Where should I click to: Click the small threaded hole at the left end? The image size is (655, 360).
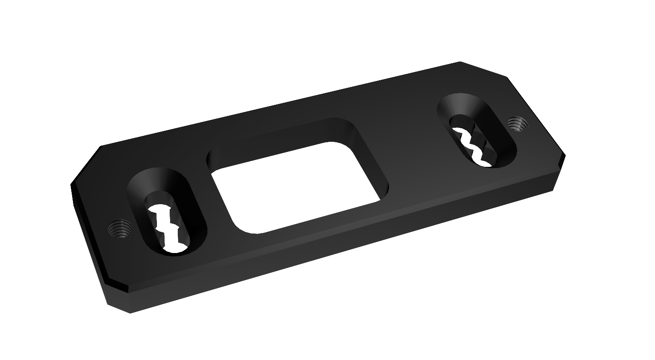point(119,230)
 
